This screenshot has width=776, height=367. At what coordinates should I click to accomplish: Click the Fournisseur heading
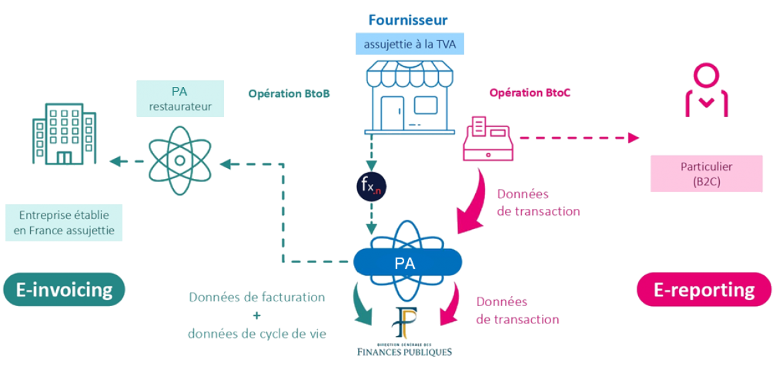(407, 20)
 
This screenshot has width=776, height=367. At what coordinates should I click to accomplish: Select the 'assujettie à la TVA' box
(407, 46)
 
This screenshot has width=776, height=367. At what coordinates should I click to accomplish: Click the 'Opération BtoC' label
(521, 94)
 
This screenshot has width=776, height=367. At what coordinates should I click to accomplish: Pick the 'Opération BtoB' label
(289, 94)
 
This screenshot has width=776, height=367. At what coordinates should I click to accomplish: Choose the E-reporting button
(704, 289)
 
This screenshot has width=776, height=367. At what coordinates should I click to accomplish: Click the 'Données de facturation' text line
(257, 297)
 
